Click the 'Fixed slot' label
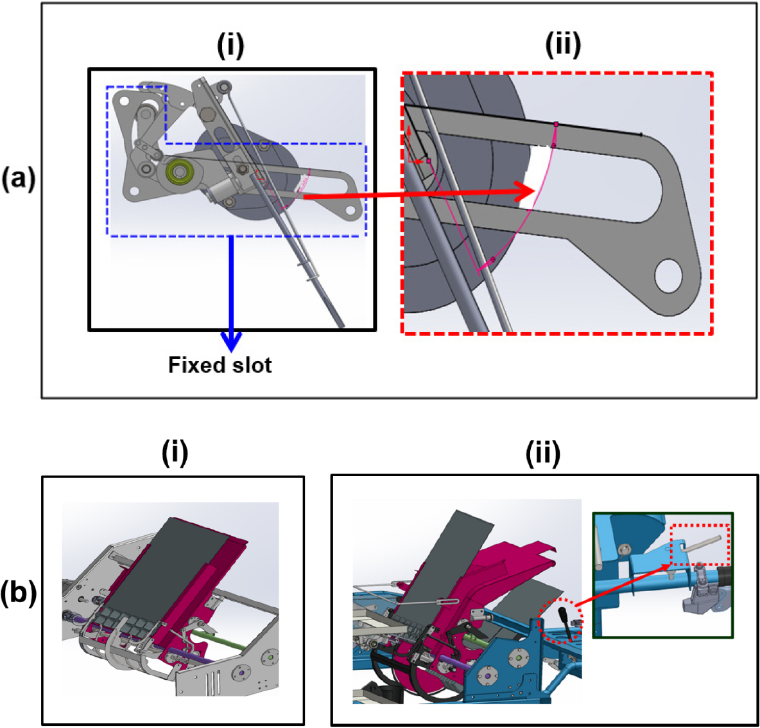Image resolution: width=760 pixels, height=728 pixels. (220, 365)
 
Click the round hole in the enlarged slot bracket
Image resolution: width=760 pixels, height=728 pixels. (668, 277)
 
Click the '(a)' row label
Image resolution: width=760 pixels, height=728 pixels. (18, 179)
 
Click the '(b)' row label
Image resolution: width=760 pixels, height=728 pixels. (18, 592)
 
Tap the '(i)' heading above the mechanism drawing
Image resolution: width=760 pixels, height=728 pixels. (230, 46)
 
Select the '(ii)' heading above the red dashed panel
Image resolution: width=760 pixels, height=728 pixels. (562, 45)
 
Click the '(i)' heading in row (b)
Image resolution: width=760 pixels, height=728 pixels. (175, 454)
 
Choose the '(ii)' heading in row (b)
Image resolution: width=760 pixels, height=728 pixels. (542, 454)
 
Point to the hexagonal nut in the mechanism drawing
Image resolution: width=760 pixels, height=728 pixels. (207, 116)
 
